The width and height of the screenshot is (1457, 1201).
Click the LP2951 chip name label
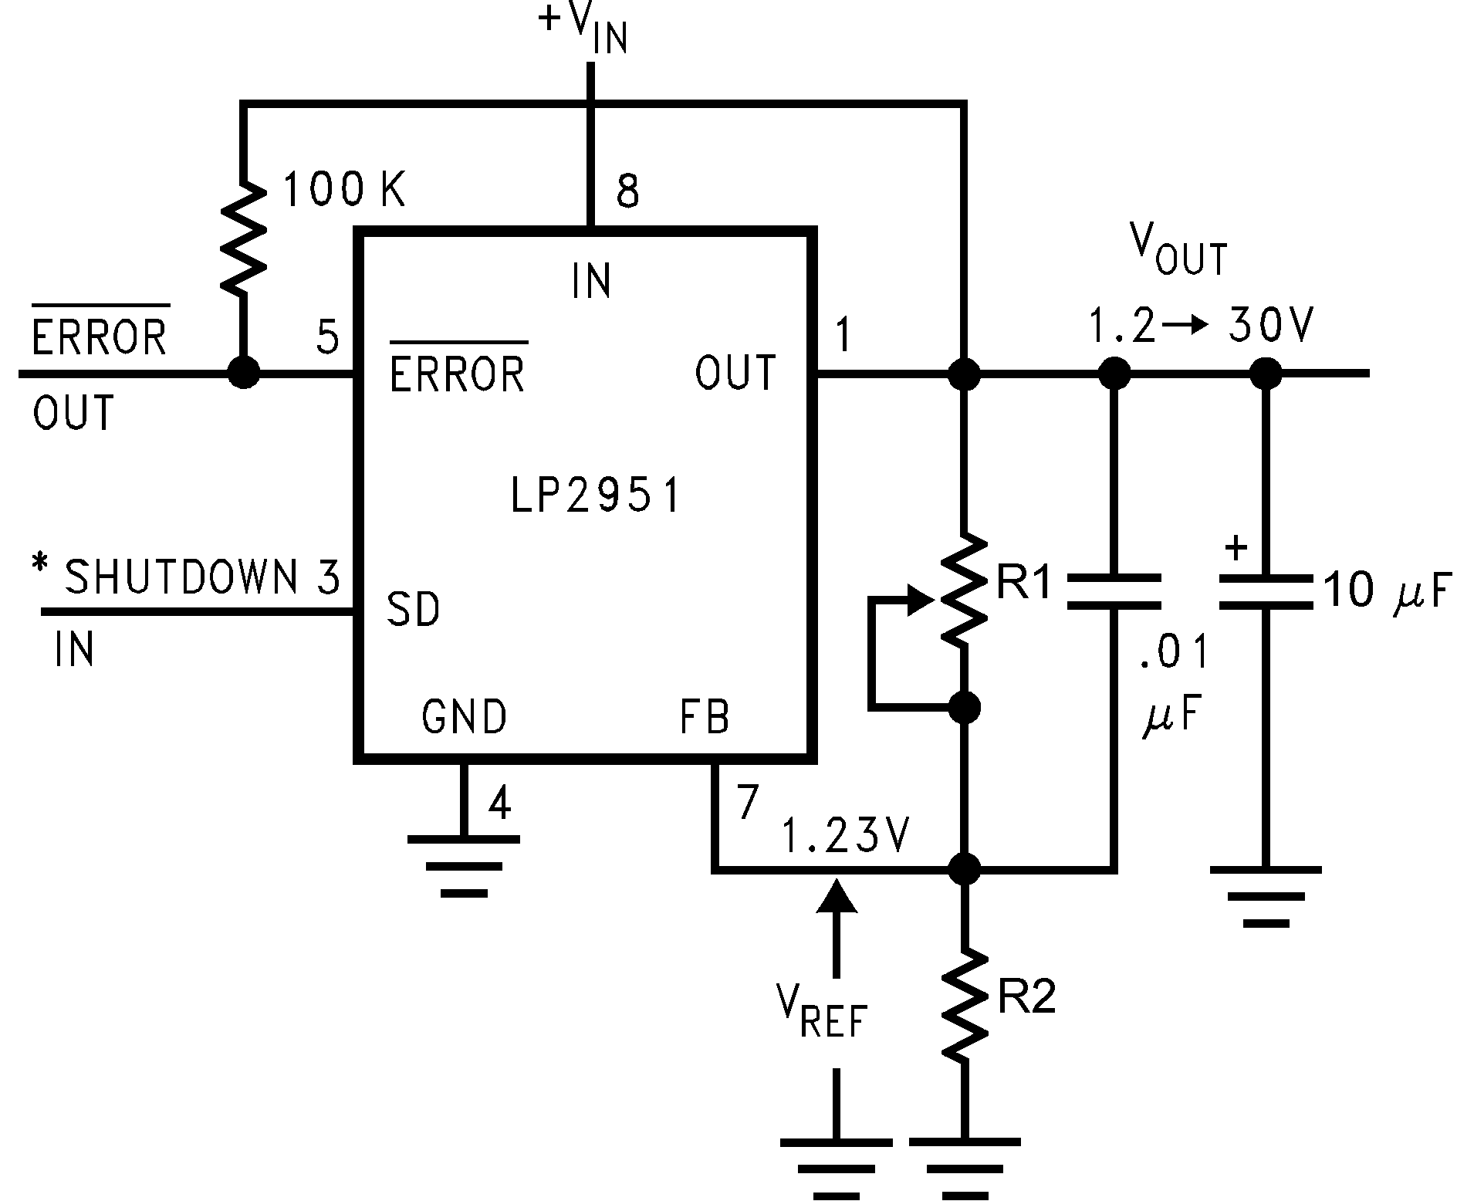(x=596, y=495)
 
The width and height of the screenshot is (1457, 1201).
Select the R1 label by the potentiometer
(x=1025, y=584)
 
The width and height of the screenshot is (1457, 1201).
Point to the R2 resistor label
(x=1026, y=998)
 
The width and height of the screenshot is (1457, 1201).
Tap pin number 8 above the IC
(x=627, y=191)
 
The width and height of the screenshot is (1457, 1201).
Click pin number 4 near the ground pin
(x=499, y=804)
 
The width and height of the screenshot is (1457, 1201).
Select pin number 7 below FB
(x=747, y=803)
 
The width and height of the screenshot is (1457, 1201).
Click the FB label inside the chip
(x=704, y=717)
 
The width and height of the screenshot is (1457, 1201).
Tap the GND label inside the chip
(x=464, y=717)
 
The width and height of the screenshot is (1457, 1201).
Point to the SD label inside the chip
(x=413, y=609)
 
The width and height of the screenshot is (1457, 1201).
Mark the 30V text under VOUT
(x=1269, y=326)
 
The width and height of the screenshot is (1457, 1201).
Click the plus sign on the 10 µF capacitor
(x=1236, y=548)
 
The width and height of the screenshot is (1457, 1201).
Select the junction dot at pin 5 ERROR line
(x=244, y=374)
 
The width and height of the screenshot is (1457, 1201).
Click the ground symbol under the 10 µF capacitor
(x=1265, y=895)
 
